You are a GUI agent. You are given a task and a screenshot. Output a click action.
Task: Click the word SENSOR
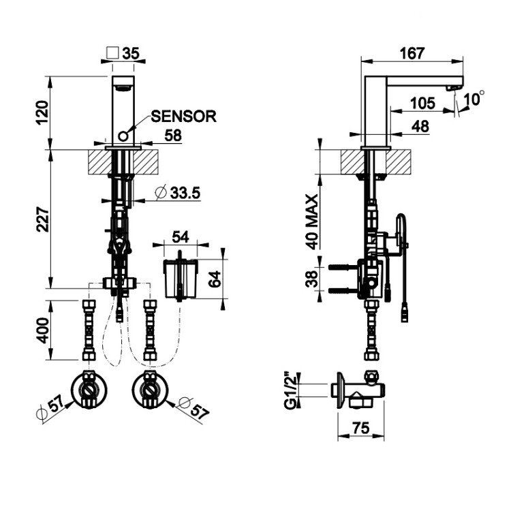(x=183, y=116)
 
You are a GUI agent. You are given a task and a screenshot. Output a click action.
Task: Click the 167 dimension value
(x=412, y=52)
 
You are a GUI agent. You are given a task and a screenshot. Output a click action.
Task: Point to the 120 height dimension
(x=42, y=111)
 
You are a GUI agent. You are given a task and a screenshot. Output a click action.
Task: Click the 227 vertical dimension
(x=42, y=217)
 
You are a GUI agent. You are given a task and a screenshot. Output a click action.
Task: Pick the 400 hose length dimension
(x=42, y=330)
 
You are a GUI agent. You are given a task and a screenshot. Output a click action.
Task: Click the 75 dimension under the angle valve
(x=361, y=428)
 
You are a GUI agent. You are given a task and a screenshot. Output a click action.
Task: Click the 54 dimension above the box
(x=181, y=237)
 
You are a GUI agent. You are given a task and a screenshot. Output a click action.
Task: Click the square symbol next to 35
(x=114, y=52)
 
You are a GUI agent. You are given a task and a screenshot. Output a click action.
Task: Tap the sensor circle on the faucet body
(x=123, y=135)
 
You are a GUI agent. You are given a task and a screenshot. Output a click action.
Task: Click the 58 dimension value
(x=172, y=136)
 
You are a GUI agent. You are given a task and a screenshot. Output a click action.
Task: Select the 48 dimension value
(x=421, y=126)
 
